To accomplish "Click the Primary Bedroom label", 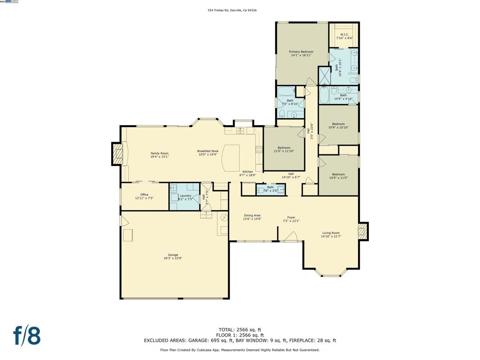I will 300,52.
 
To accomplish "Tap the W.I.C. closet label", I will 344,34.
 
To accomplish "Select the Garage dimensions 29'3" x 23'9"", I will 173,258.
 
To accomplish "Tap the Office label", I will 144,195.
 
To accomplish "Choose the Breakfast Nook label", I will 208,151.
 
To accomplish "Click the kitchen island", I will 231,158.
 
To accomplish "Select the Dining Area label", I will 252,216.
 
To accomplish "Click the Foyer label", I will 291,217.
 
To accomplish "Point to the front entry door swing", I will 291,239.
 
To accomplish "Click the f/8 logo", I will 27,336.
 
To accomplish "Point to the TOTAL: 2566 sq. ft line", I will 240,330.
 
